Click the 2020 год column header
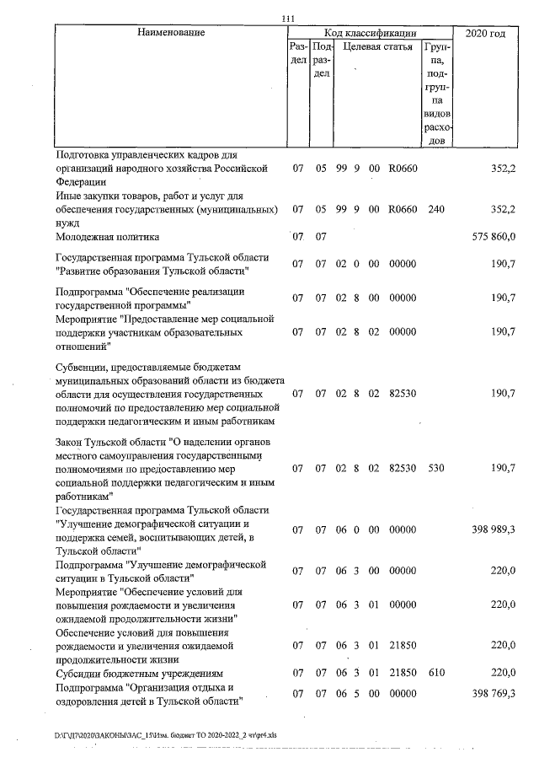tap(484, 33)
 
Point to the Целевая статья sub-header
tap(376, 48)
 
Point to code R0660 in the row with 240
tap(403, 210)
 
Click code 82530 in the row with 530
tap(403, 466)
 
